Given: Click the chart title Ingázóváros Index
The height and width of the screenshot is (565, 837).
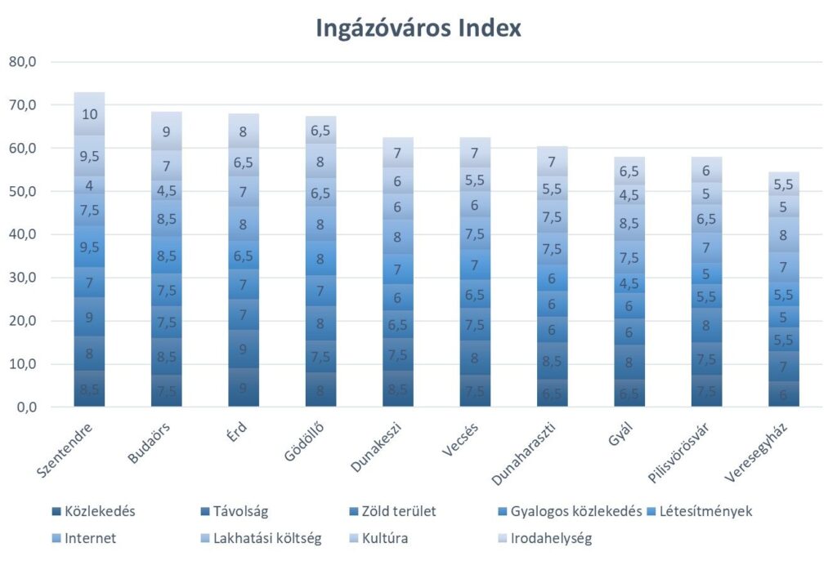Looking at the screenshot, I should pos(418,29).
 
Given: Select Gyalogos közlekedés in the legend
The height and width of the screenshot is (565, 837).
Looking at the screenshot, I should pos(575,513).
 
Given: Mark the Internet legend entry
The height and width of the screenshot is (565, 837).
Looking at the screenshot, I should pos(90,539).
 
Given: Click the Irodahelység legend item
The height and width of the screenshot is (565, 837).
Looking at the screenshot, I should pos(549,539).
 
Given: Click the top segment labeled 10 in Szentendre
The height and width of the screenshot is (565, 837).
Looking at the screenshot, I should pos(89,114).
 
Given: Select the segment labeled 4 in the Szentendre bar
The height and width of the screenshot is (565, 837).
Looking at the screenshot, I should pos(89,185).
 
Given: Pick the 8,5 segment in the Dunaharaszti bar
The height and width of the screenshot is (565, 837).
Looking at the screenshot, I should pos(553,360).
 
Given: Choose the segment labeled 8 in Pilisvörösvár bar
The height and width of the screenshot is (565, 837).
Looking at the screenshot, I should pos(708,325).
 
